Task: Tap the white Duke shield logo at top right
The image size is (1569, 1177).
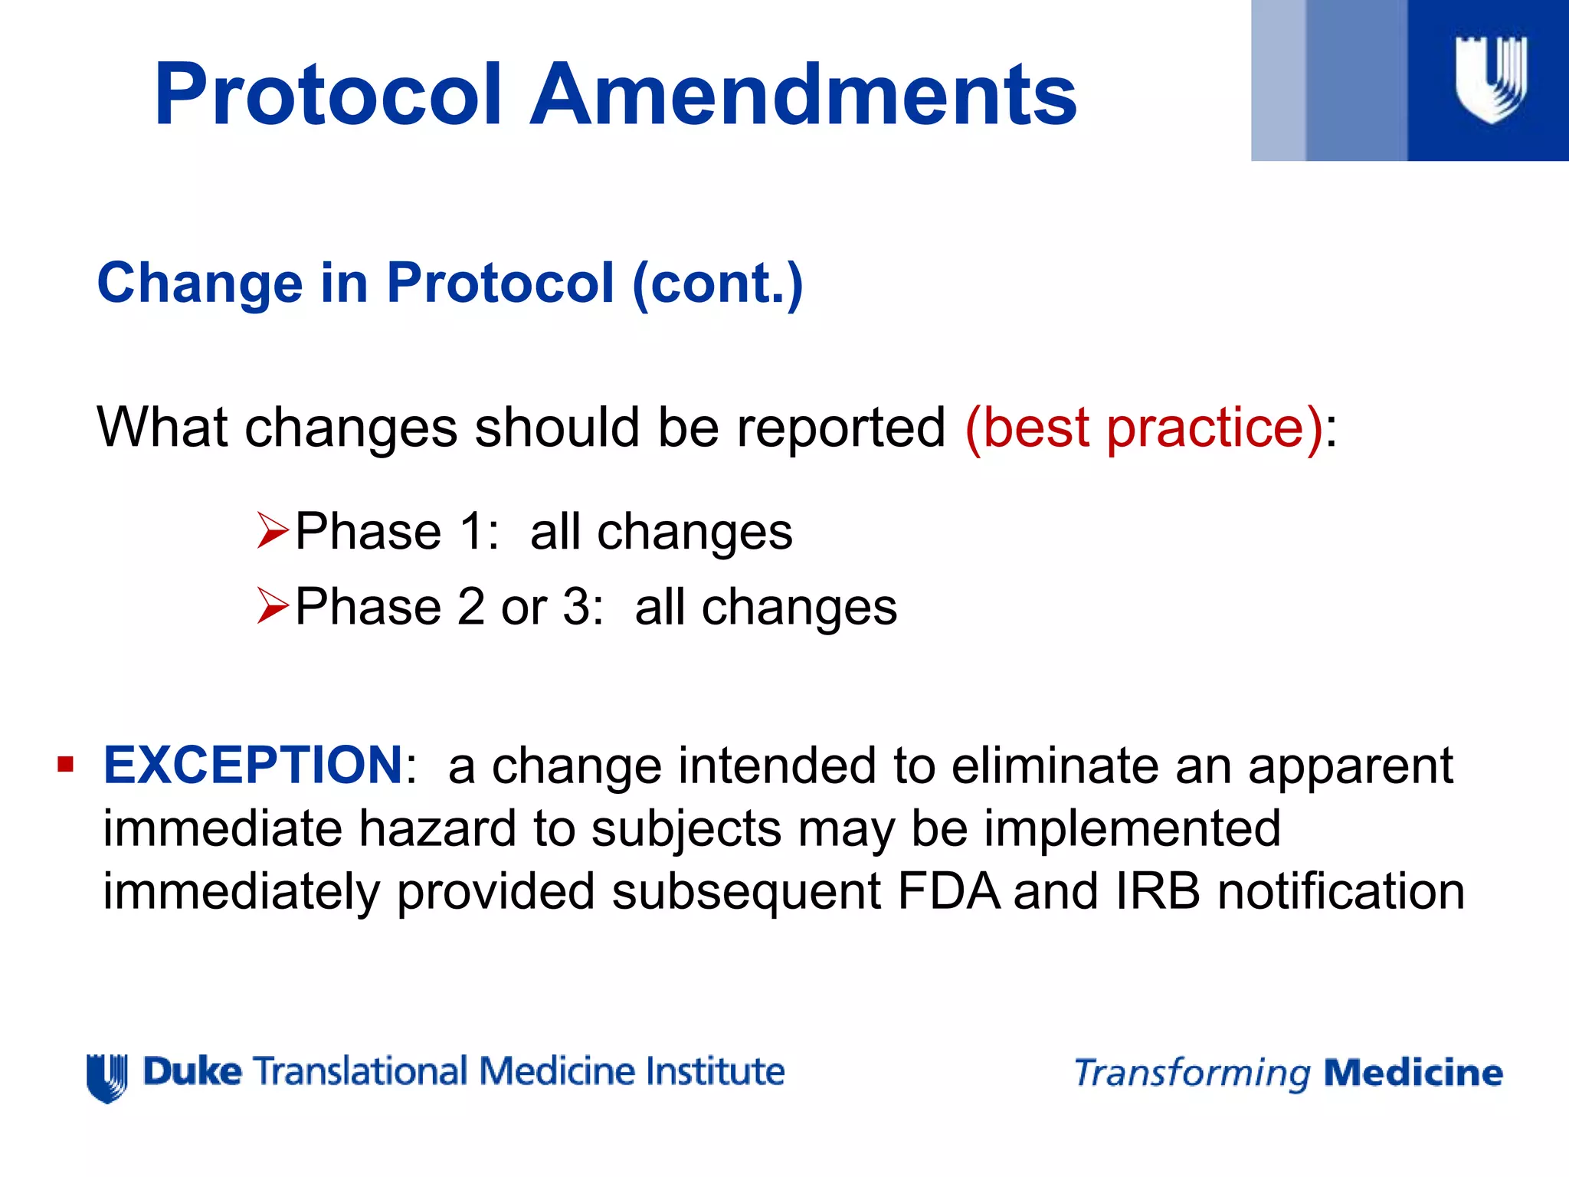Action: pos(1490,80)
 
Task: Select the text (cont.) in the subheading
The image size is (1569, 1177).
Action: pos(718,284)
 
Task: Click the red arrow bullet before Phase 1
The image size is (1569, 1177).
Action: pos(272,531)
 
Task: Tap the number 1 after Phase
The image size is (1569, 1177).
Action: pos(470,531)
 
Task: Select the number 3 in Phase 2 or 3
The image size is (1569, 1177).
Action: pos(575,607)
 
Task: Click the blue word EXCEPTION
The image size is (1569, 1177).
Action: pos(253,765)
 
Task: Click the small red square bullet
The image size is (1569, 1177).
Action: pos(65,765)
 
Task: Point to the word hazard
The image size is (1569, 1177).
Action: pos(437,829)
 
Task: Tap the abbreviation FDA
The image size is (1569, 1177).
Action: pos(948,892)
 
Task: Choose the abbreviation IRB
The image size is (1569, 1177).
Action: pos(1158,892)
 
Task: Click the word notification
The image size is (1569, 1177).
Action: pos(1341,892)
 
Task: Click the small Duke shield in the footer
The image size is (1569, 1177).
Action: pos(106,1077)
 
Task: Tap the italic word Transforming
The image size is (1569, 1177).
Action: pos(1192,1074)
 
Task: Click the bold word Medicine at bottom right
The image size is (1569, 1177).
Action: pos(1413,1073)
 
